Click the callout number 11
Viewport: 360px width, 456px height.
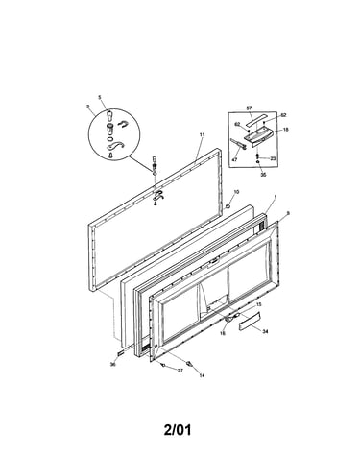tap(202, 135)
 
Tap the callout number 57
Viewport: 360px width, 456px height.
tap(249, 108)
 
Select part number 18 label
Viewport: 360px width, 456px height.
tap(286, 130)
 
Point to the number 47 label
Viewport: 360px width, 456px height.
tap(234, 159)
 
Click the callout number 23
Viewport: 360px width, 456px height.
tap(273, 158)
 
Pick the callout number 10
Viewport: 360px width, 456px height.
tap(236, 192)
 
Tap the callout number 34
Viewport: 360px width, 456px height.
tap(265, 332)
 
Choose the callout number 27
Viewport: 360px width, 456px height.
tap(180, 371)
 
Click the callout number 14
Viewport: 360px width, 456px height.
tap(202, 376)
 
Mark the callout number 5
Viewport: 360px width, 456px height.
tap(100, 97)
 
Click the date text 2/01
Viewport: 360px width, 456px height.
tap(178, 430)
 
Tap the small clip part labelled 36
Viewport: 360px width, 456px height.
tap(121, 352)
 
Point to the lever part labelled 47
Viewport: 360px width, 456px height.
tap(237, 144)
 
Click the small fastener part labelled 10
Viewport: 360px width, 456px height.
tap(228, 206)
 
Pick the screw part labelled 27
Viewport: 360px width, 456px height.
tap(163, 365)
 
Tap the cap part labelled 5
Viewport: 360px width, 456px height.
tap(109, 113)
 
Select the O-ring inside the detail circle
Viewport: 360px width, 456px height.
tap(109, 139)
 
